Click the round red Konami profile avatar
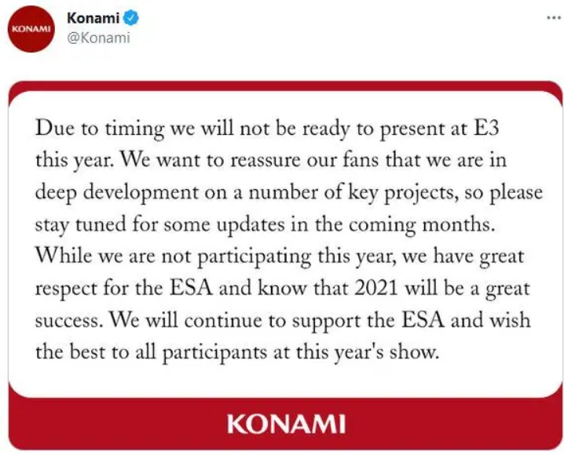click(31, 29)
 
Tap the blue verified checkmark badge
click(131, 18)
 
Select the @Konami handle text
click(98, 38)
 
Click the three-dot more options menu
click(554, 17)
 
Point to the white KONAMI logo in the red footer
click(286, 424)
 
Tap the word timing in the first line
click(134, 129)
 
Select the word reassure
click(265, 161)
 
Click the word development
click(141, 193)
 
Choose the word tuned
click(101, 225)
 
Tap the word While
click(64, 256)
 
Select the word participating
click(255, 257)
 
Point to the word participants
click(214, 353)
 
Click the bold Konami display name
click(93, 18)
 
